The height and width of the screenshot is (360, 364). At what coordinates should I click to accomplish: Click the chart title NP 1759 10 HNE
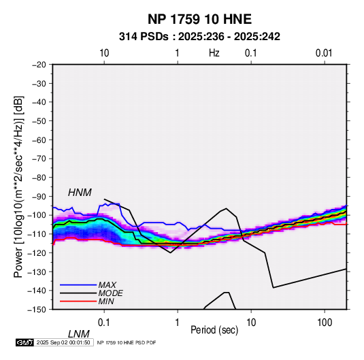199,19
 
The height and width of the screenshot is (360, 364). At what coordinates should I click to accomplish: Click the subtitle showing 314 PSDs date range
199,37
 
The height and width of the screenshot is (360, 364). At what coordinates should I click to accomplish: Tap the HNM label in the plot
80,193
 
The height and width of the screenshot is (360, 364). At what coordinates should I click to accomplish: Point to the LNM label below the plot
79,334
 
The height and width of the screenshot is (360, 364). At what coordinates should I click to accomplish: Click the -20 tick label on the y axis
39,65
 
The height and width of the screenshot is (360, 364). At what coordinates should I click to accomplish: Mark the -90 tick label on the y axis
39,196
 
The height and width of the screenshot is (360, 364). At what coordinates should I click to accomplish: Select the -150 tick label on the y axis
37,310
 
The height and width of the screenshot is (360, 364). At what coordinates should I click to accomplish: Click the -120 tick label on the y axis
37,252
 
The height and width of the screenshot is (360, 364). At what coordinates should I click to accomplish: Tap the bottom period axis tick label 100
325,323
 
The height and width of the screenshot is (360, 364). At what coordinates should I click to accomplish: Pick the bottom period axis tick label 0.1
104,323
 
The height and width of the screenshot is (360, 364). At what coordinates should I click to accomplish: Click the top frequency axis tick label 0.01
324,53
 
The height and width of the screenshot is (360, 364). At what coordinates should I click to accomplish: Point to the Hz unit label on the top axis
214,53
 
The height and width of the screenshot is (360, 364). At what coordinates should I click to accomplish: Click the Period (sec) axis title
214,330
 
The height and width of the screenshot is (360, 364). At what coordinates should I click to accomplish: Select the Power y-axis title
18,186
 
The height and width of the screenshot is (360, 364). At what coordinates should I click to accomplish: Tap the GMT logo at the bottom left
25,342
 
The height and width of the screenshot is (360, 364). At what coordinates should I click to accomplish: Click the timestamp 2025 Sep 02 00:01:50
63,342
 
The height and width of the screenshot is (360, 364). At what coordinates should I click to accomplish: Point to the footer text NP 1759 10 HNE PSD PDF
127,342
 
